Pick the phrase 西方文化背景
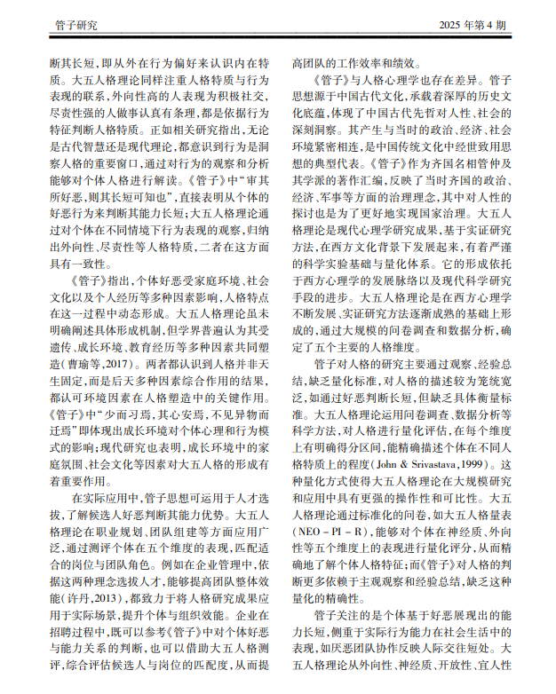point(374,241)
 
